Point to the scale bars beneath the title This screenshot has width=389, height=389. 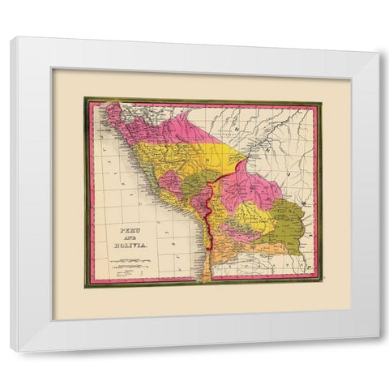130,263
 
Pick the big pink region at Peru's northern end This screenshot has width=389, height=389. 174,130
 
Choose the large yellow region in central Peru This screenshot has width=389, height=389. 182,158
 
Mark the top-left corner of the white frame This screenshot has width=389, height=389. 13,40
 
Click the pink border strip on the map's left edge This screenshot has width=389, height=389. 92,194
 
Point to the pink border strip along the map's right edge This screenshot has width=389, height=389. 316,194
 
